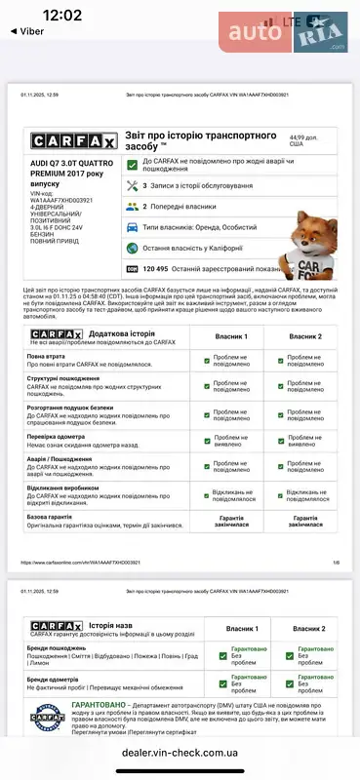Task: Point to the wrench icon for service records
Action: pos(132,184)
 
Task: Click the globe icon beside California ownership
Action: pos(132,248)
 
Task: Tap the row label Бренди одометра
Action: pos(54,651)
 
